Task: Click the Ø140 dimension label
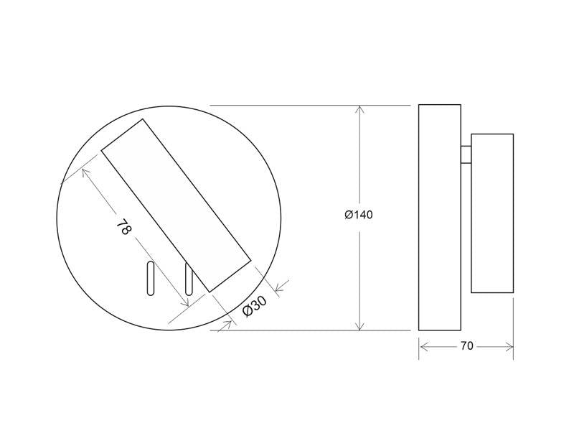(x=359, y=214)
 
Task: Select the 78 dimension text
(x=123, y=227)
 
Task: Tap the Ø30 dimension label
(x=255, y=306)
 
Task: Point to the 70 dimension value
(x=467, y=346)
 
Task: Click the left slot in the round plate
(x=151, y=279)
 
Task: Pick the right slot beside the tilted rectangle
(x=189, y=279)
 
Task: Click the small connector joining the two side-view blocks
(x=466, y=154)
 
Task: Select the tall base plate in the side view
(x=440, y=218)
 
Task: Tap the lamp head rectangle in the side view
(x=492, y=213)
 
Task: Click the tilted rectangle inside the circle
(x=176, y=205)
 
